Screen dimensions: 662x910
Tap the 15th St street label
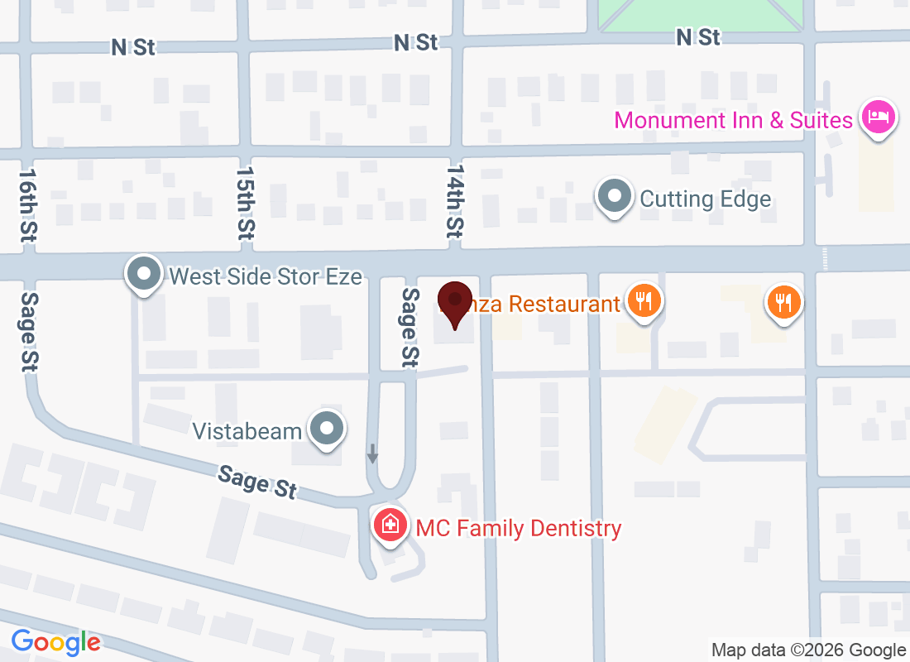point(244,202)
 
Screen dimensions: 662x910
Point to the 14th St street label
point(454,202)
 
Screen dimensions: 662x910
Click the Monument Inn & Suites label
point(733,120)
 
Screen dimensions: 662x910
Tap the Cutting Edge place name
point(706,199)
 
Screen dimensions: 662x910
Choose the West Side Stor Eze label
point(266,276)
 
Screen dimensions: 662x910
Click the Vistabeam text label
point(247,431)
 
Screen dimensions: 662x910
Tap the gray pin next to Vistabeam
point(328,429)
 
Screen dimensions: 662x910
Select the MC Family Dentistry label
point(519,528)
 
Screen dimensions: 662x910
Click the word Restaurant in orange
point(564,304)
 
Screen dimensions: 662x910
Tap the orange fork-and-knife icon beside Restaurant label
point(643,300)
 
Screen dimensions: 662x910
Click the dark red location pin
point(455,303)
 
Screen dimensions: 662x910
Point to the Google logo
point(56,641)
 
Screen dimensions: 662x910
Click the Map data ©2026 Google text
point(809,650)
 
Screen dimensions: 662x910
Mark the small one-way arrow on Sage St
point(373,453)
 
